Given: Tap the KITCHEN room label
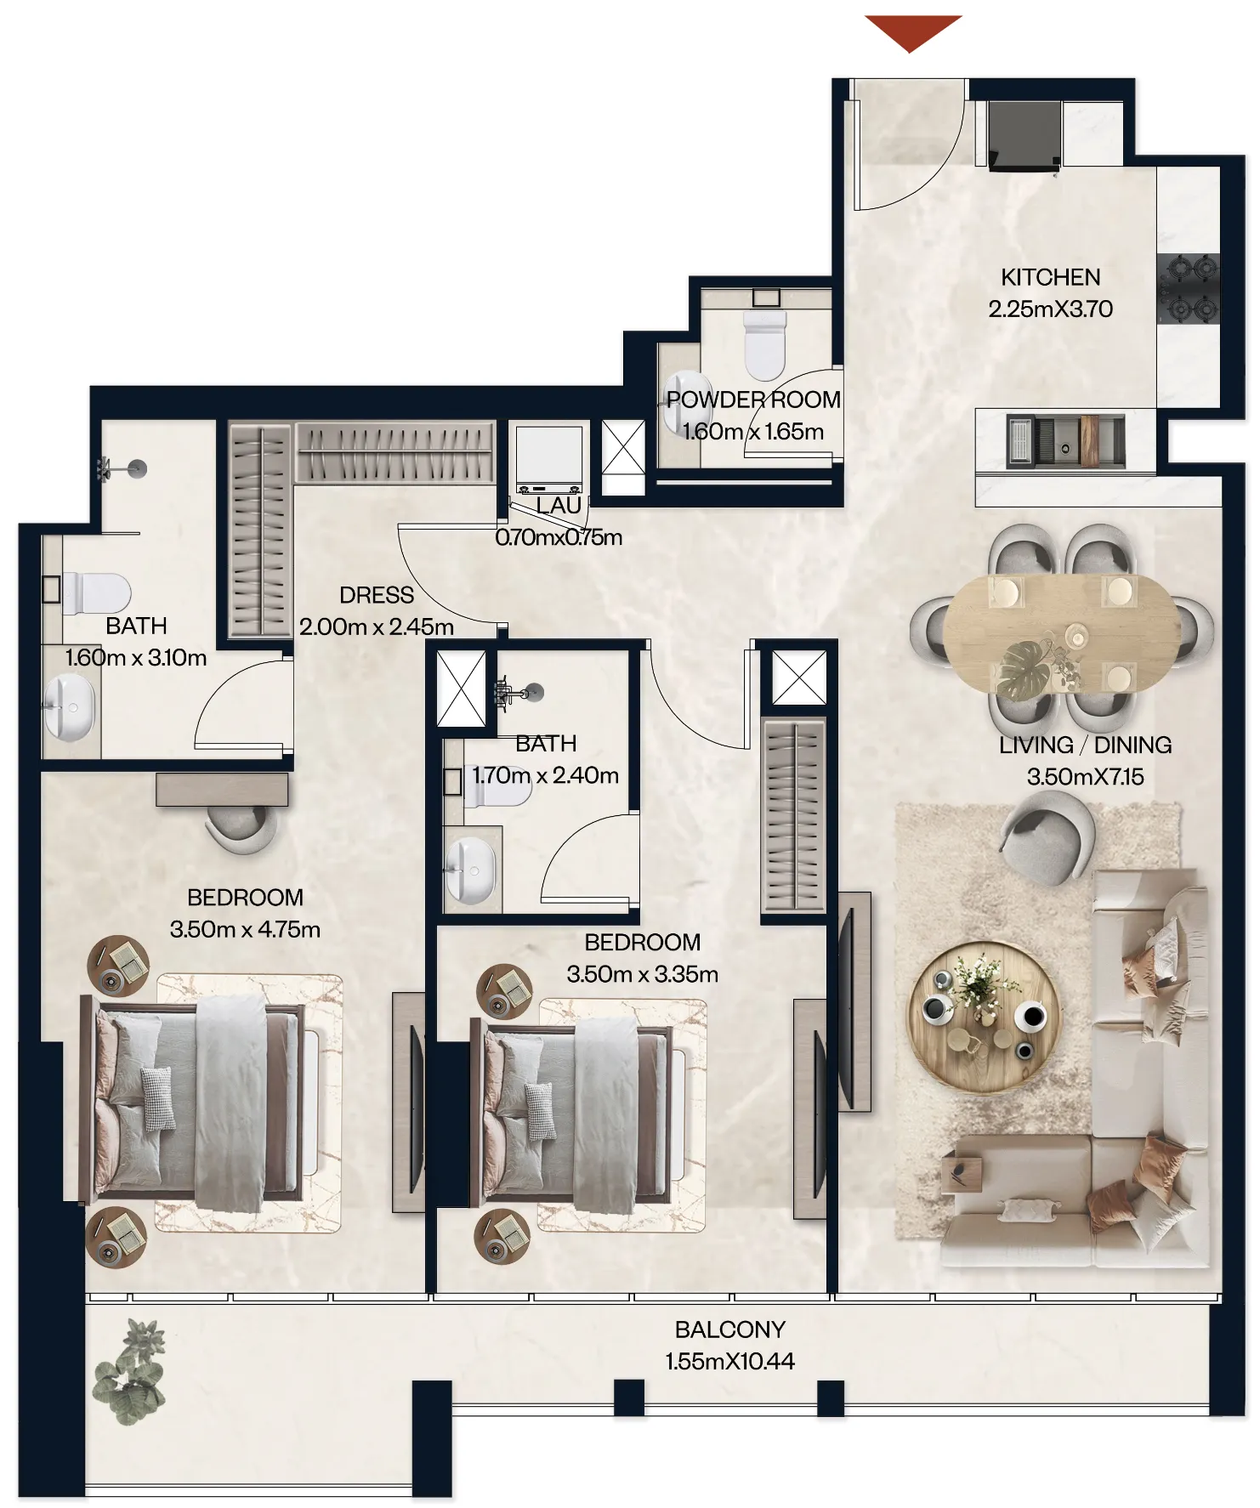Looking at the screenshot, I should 1050,277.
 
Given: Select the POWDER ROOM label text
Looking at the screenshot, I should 753,400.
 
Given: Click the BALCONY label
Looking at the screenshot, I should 729,1329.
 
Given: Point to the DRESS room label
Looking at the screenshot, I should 377,595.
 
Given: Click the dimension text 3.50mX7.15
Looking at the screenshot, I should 1085,777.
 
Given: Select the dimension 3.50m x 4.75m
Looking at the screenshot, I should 245,929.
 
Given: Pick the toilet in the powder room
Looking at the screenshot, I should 765,344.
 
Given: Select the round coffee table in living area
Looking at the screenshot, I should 985,1017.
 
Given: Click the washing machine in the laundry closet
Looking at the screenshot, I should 549,460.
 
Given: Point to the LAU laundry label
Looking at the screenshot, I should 559,506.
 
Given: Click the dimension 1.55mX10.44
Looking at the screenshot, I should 729,1362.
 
